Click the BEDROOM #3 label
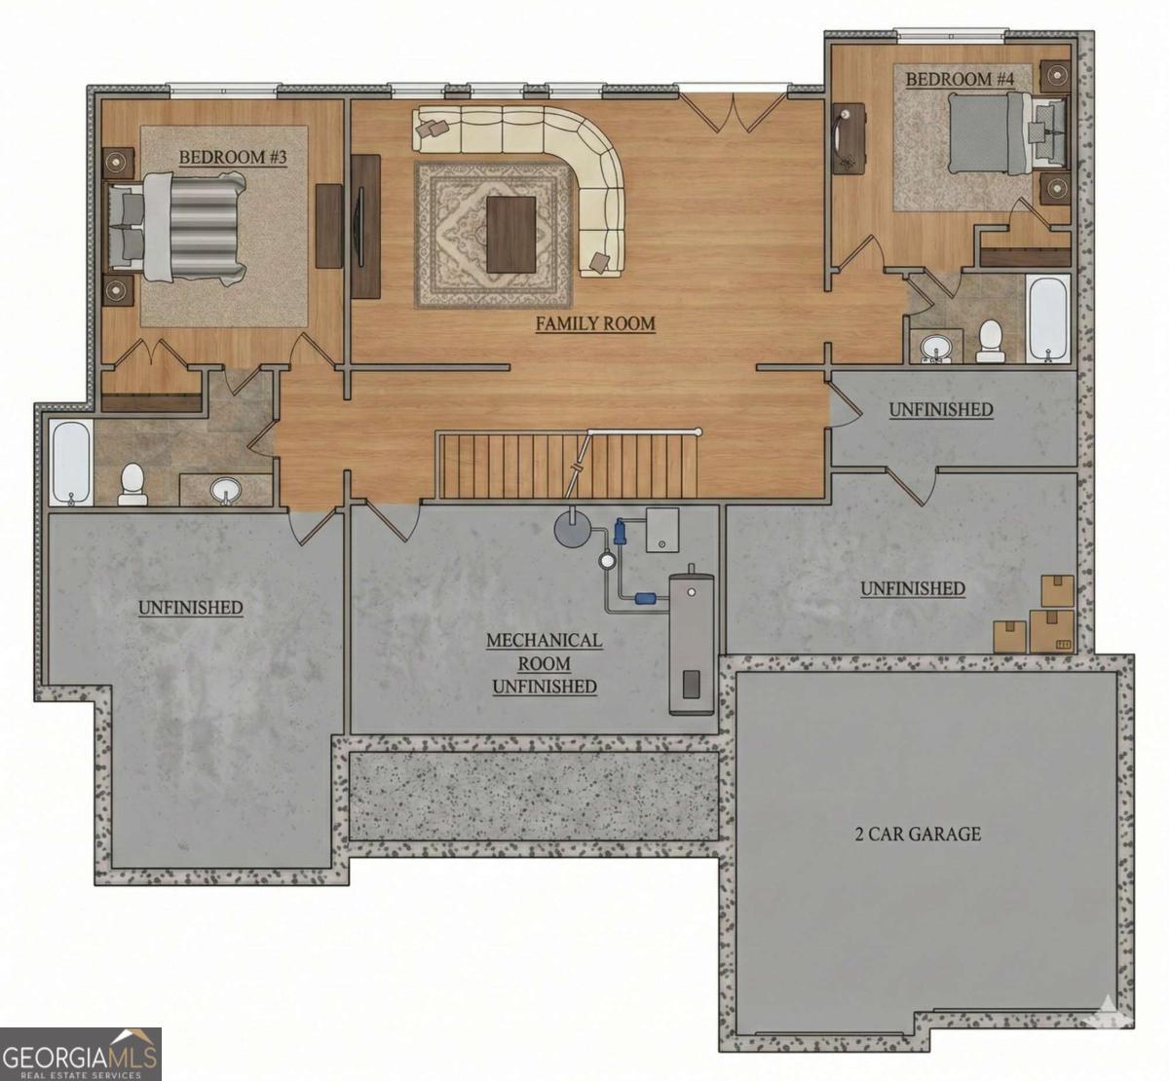233,157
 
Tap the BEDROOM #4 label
960,79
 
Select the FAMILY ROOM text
595,323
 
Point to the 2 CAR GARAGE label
918,834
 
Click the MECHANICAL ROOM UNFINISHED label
544,663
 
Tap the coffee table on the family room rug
510,234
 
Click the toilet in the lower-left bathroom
132,484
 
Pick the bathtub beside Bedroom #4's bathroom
1048,317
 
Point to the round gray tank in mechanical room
573,529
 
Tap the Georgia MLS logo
80,1053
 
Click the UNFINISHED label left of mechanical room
190,608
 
